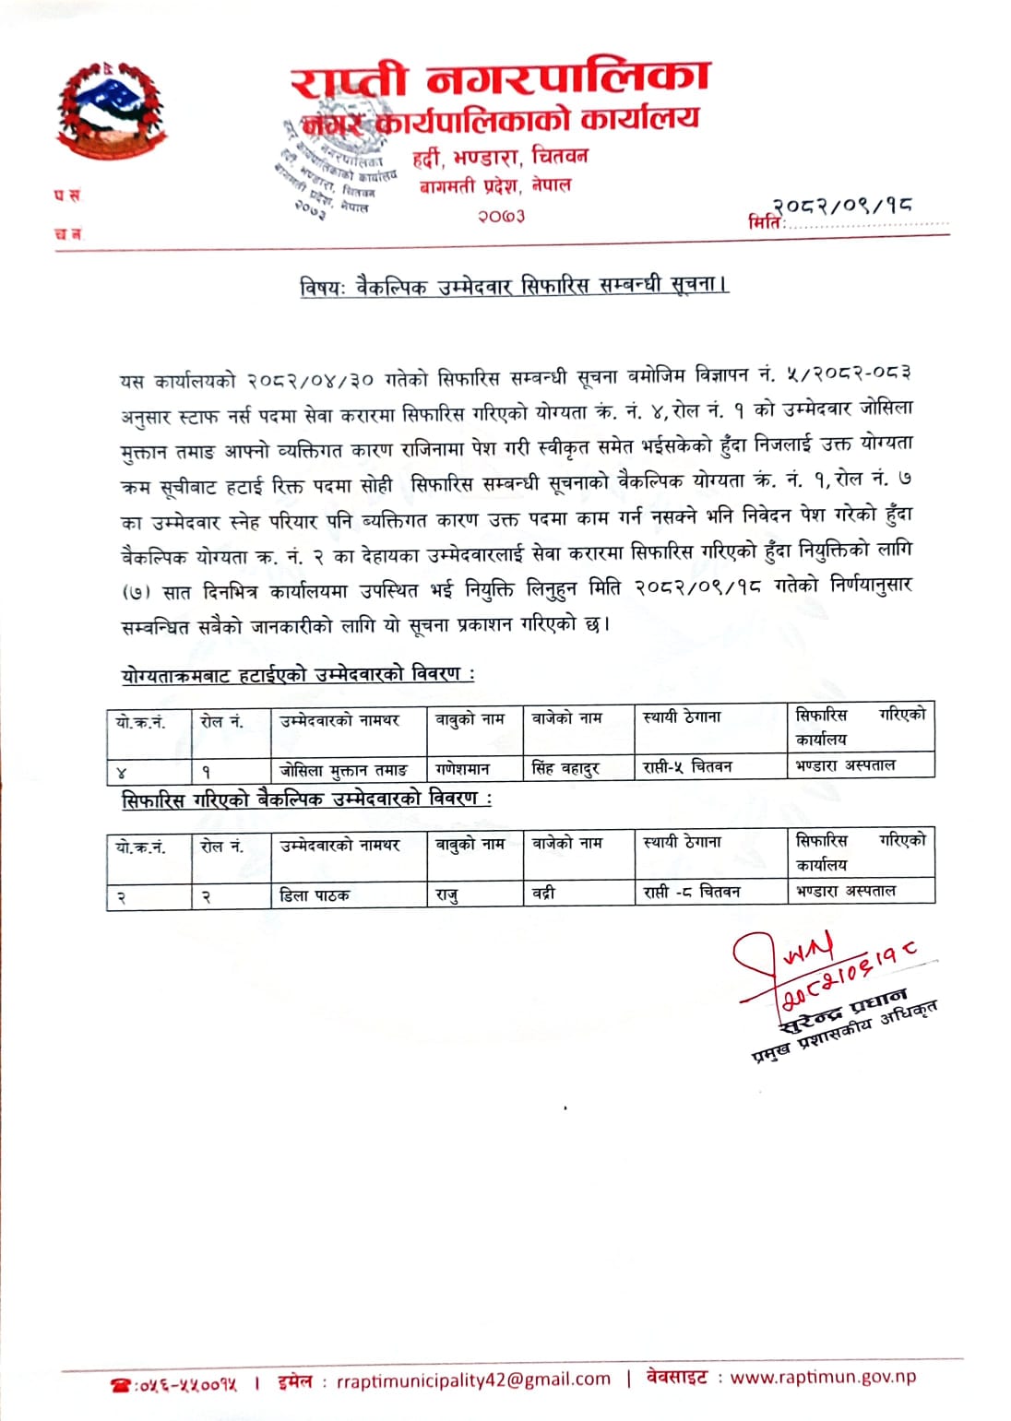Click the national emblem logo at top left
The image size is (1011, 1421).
(x=107, y=112)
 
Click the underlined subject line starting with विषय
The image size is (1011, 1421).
(x=514, y=286)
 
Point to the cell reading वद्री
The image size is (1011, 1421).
(x=544, y=893)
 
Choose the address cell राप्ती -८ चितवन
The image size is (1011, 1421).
(x=692, y=892)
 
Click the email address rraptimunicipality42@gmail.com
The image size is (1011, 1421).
(x=474, y=1380)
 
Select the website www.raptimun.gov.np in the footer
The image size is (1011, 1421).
(x=823, y=1377)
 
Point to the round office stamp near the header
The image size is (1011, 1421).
(x=332, y=166)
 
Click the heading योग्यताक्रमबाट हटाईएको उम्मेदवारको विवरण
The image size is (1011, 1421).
(x=298, y=674)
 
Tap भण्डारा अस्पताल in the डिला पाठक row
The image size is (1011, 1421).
(x=846, y=891)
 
